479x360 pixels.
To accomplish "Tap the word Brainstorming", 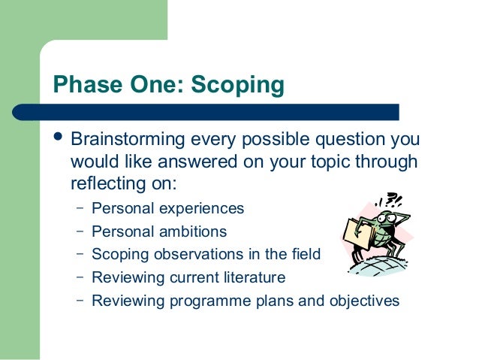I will coord(134,141).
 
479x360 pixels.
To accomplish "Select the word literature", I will coord(249,277).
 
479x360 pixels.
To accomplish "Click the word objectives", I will coord(361,301).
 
